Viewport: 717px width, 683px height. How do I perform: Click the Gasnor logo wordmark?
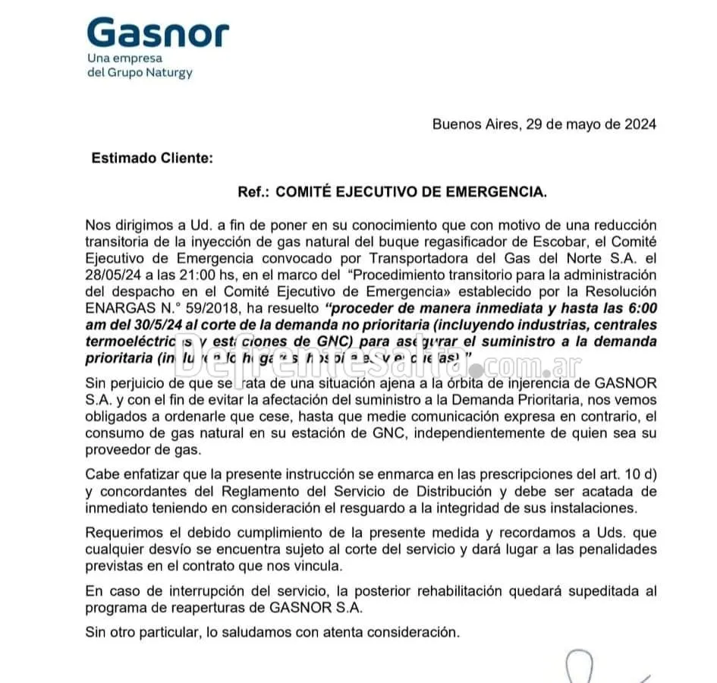(158, 33)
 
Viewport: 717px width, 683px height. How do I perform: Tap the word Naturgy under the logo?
(168, 73)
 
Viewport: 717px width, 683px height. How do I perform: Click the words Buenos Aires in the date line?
(473, 124)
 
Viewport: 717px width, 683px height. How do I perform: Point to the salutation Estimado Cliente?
(152, 159)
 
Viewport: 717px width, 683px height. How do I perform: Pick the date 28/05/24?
(114, 275)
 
